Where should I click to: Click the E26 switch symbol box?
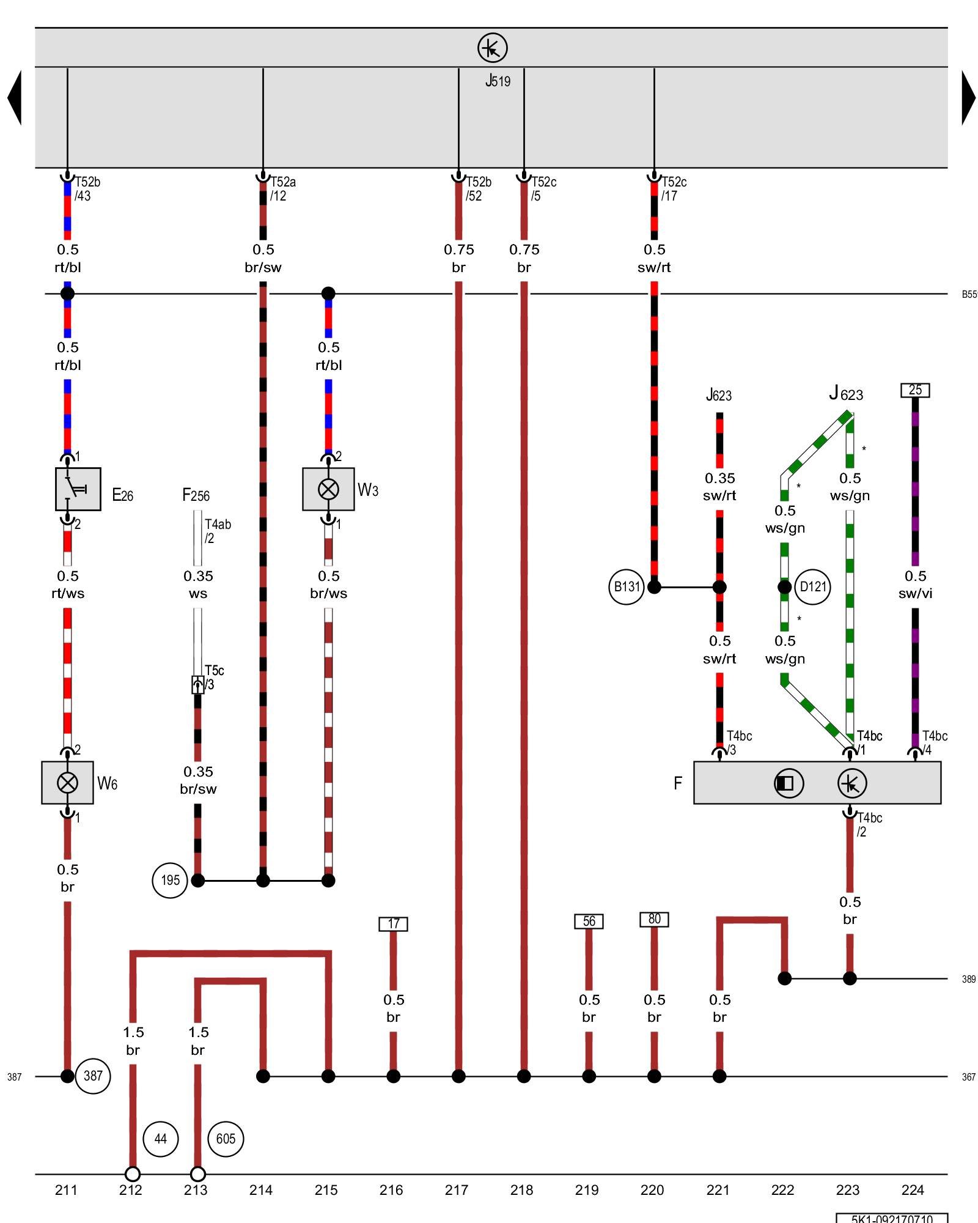pyautogui.click(x=78, y=489)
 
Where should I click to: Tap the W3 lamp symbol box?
pyautogui.click(x=328, y=489)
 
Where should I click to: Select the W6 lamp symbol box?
pyautogui.click(x=67, y=783)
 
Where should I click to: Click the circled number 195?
pyautogui.click(x=170, y=881)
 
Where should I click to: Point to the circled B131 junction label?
pyautogui.click(x=627, y=587)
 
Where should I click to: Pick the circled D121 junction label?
pyautogui.click(x=813, y=587)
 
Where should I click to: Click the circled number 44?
pyautogui.click(x=160, y=1139)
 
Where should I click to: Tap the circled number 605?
pyautogui.click(x=226, y=1139)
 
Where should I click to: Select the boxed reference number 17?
pyautogui.click(x=393, y=923)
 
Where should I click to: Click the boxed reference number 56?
pyautogui.click(x=589, y=921)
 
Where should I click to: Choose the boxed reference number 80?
pyautogui.click(x=654, y=919)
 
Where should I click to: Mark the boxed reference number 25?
pyautogui.click(x=915, y=390)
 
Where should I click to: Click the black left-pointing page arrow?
pyautogui.click(x=15, y=98)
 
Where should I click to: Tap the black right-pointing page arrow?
pyautogui.click(x=968, y=98)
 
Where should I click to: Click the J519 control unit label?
pyautogui.click(x=498, y=81)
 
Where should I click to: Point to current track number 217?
pyautogui.click(x=457, y=1190)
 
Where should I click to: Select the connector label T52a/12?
pyautogui.click(x=282, y=189)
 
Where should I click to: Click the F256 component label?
pyautogui.click(x=196, y=495)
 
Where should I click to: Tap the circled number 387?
pyautogui.click(x=93, y=1076)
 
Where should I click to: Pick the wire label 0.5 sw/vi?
pyautogui.click(x=915, y=585)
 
